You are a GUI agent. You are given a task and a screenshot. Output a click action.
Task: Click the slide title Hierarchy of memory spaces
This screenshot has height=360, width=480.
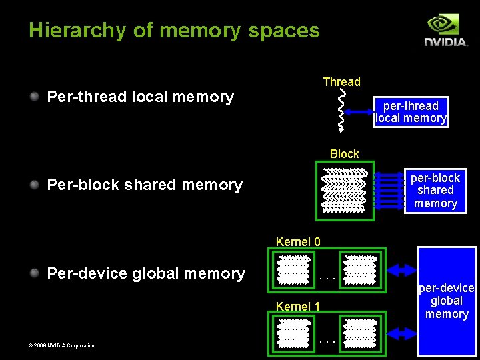[174, 31]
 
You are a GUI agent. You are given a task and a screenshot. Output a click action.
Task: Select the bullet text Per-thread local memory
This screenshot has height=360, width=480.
[140, 97]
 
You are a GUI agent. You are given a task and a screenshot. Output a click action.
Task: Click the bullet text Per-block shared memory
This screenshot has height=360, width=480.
[145, 185]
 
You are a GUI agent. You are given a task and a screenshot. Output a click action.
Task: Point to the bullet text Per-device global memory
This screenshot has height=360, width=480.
[146, 273]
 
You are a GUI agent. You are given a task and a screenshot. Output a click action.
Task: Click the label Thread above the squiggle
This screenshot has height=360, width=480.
[341, 82]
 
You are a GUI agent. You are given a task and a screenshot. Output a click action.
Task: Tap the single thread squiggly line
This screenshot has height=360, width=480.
[342, 111]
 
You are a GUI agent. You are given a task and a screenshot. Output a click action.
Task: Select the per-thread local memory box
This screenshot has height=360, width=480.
[411, 112]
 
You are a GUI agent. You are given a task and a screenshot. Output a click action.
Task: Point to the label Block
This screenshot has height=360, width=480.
[344, 154]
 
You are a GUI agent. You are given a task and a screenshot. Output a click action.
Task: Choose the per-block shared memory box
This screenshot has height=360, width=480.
[435, 191]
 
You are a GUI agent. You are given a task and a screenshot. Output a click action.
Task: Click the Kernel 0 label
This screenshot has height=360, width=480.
[298, 241]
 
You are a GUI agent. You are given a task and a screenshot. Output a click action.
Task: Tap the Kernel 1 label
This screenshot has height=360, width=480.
[298, 307]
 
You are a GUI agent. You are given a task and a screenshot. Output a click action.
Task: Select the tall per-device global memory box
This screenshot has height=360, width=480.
[447, 301]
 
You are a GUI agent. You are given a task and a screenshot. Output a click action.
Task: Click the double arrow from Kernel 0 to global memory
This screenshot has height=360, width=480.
[401, 270]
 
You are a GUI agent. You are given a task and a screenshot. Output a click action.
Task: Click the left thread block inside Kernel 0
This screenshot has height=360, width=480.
[293, 270]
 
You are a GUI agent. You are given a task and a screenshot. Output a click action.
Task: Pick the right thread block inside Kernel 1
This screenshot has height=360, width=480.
[360, 333]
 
